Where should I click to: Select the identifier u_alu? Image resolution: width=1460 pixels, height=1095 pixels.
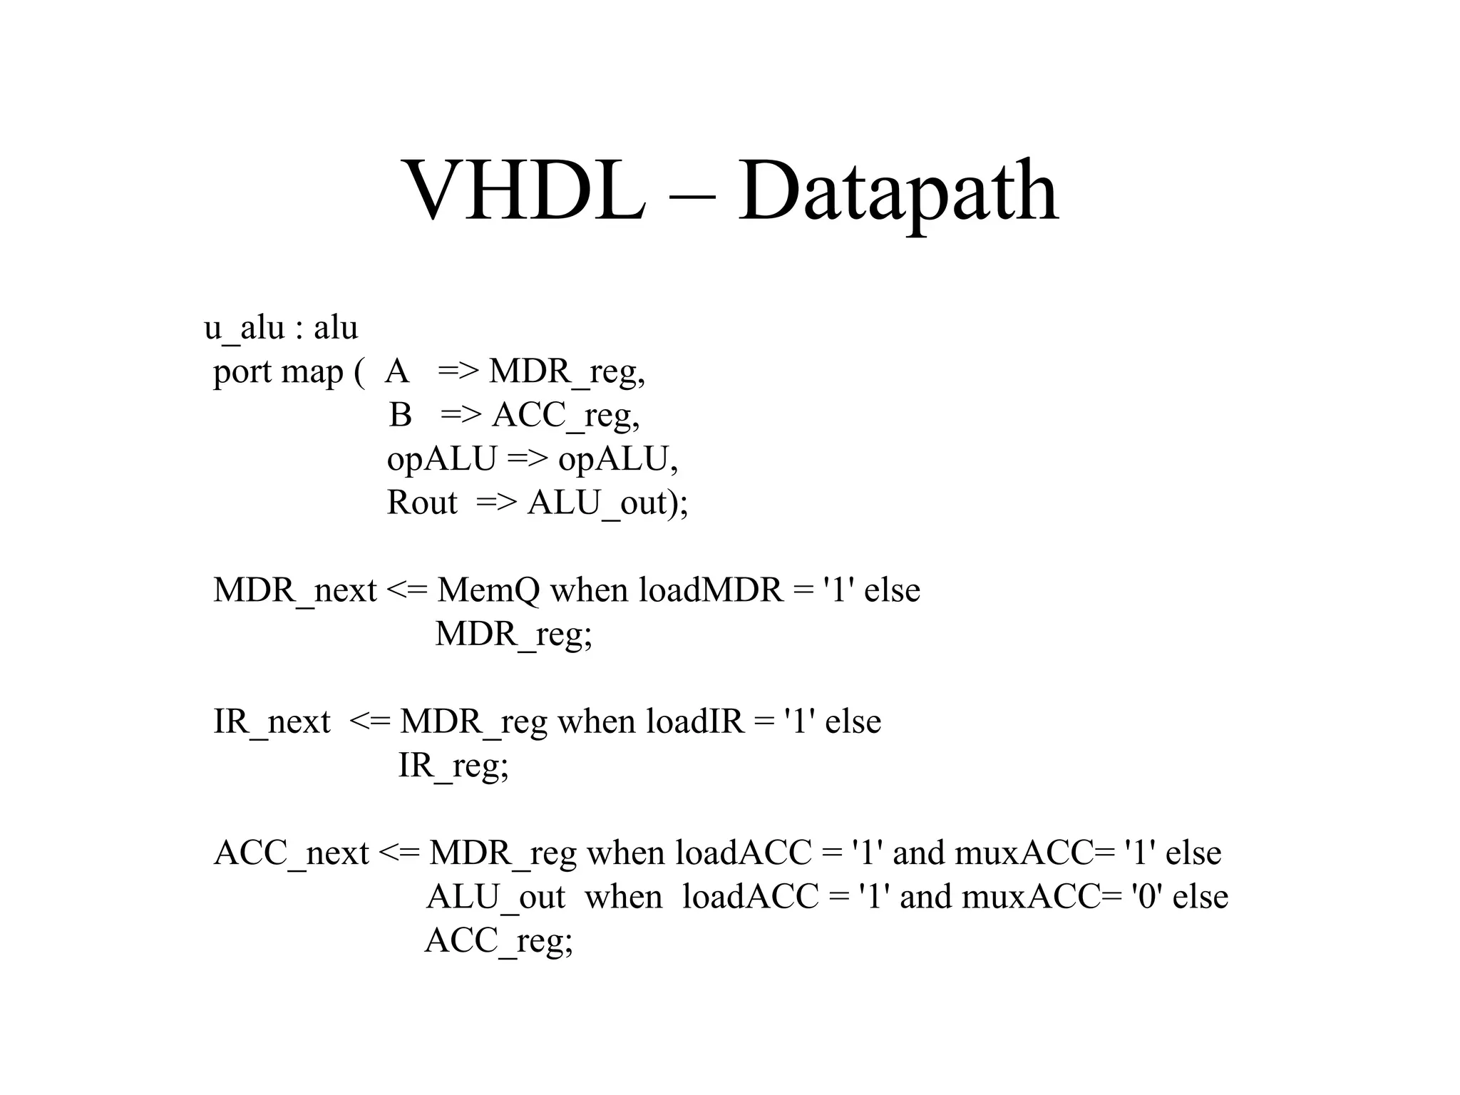[244, 329]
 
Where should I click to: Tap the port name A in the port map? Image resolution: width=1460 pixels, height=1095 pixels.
[397, 371]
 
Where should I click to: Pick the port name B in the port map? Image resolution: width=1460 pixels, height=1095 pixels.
[401, 415]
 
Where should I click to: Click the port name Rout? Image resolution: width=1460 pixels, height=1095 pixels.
[421, 503]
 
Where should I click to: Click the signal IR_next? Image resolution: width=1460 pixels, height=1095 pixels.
[272, 722]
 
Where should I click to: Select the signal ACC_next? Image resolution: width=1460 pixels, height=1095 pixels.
[291, 853]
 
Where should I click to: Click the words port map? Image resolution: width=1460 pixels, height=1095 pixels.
[278, 372]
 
